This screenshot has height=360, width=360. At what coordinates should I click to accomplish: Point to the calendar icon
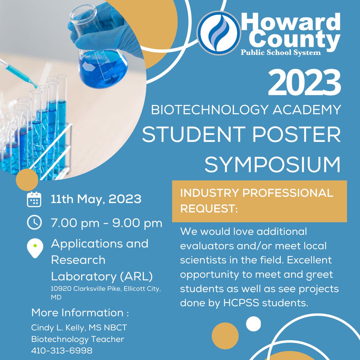pos(34,199)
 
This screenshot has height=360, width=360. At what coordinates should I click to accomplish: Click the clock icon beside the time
pos(34,222)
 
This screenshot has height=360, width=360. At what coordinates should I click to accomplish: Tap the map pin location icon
pos(35,248)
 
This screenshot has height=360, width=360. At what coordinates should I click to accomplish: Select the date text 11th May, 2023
pos(96,199)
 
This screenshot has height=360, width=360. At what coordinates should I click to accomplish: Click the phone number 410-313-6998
pos(62,350)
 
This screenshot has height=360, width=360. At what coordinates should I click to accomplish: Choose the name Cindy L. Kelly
pos(58,328)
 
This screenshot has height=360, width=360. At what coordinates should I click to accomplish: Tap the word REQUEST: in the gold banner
pos(209,209)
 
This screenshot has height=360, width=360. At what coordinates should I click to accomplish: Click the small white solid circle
pos(253,324)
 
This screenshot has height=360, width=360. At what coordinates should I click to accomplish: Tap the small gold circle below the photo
pos(27,179)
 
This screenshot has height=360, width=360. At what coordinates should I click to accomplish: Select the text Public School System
pos(281,53)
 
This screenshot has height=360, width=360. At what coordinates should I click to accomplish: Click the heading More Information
pos(77,313)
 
